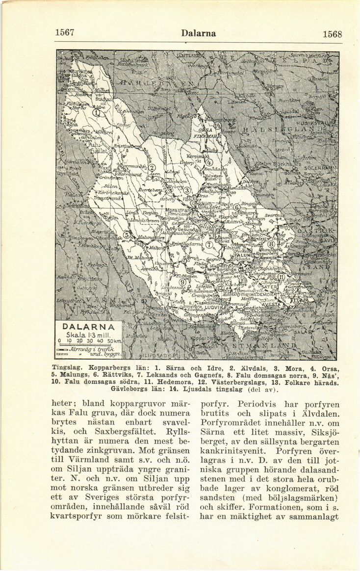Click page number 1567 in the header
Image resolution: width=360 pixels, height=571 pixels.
65,32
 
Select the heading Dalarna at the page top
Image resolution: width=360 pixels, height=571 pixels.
199,33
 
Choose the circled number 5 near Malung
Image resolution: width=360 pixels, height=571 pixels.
127,235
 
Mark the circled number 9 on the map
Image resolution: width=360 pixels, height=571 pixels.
182,282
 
